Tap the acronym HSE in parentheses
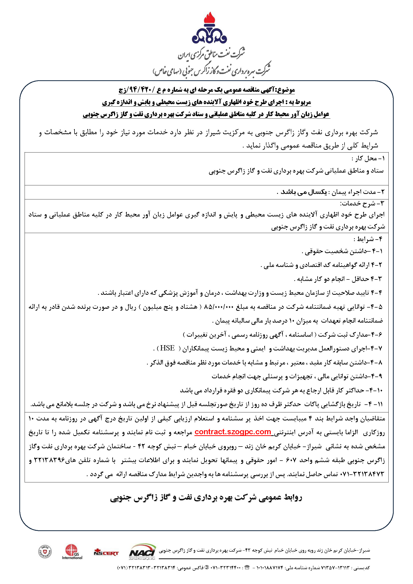point(167,348)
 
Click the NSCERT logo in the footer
point(106,552)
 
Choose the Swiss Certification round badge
point(45,552)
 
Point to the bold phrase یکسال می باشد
point(304,192)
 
